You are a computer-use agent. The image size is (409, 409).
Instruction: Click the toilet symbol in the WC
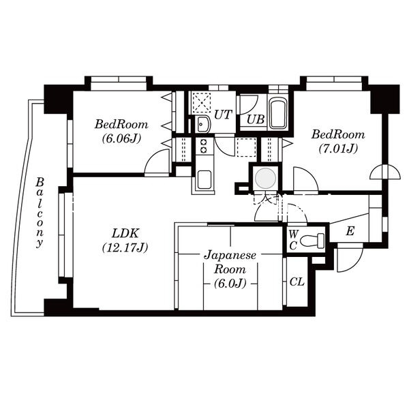312,240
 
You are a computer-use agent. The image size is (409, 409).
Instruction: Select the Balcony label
40,213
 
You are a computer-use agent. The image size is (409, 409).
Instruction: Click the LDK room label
125,233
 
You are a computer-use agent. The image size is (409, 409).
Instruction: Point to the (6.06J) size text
121,138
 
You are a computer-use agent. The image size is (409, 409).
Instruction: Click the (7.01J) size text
338,149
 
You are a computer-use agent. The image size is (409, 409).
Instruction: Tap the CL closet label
297,282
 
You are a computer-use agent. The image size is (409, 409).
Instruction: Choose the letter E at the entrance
350,231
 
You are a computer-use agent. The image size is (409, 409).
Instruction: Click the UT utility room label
223,115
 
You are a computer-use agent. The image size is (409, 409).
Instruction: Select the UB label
256,119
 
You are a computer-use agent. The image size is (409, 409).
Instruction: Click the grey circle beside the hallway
265,179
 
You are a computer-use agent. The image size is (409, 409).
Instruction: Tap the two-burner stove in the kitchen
203,146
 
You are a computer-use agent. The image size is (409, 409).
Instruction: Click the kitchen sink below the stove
204,179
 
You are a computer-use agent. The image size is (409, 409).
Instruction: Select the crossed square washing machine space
201,102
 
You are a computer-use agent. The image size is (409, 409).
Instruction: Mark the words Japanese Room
230,262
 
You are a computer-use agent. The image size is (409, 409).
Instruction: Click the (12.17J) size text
125,247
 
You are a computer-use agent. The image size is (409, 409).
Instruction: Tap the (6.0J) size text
230,284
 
